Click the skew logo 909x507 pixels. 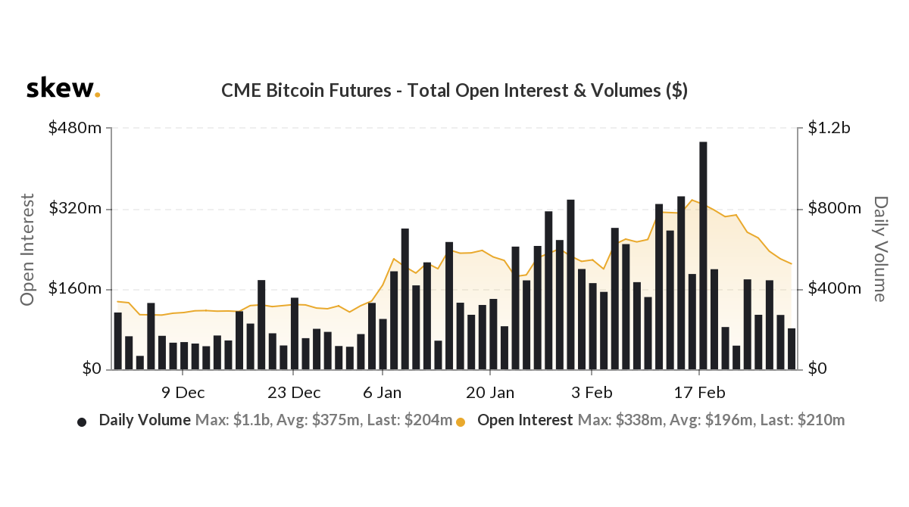[x=63, y=89]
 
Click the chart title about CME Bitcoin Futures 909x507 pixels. [x=454, y=91]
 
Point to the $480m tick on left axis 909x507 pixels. [x=75, y=129]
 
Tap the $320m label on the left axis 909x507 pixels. [x=75, y=209]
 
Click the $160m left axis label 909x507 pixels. [x=75, y=289]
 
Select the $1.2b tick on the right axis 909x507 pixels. [x=829, y=129]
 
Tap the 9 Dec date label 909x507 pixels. [x=183, y=393]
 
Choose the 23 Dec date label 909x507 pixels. [x=295, y=393]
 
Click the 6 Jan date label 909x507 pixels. [x=383, y=393]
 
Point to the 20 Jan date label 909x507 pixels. [x=490, y=393]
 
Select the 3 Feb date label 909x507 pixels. [x=592, y=393]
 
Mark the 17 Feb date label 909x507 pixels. [x=699, y=393]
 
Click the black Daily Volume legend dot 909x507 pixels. [x=82, y=421]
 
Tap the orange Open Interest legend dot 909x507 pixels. [x=460, y=421]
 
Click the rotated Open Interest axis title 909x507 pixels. [x=28, y=250]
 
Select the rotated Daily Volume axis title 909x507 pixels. [x=879, y=249]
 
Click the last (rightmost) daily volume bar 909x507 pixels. [x=791, y=349]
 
